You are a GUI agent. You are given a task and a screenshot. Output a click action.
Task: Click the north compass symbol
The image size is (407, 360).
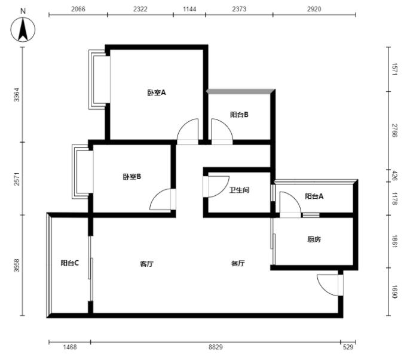point(23,29)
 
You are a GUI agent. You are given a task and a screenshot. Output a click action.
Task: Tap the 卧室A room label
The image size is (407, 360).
point(157,93)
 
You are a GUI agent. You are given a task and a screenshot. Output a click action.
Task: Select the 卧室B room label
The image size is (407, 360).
point(132,177)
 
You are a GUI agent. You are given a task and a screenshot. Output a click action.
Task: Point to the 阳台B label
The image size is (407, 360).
point(239,115)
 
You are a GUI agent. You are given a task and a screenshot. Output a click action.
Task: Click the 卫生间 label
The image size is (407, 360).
point(239,190)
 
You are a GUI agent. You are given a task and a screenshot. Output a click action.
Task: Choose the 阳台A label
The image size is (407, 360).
point(314,196)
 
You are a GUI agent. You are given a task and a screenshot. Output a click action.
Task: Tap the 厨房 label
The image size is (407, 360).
point(314,239)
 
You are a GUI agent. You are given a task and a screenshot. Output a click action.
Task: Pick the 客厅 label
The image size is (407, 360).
point(146,264)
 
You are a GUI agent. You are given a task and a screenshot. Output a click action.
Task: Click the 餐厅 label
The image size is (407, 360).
point(238,263)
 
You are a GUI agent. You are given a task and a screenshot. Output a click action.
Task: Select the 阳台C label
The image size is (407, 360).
point(69,263)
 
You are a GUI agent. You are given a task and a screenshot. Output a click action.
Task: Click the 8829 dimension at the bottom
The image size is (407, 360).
point(215,347)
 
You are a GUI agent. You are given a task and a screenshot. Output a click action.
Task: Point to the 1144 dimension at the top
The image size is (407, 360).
point(189,9)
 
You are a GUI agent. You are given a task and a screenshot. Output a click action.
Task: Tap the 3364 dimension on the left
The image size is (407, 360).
point(17,95)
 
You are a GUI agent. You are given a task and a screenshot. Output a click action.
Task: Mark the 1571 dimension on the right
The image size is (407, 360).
point(394,69)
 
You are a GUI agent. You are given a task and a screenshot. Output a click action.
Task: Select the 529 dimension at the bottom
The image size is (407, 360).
point(348,347)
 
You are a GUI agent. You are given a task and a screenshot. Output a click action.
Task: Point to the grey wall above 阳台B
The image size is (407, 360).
point(240,91)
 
